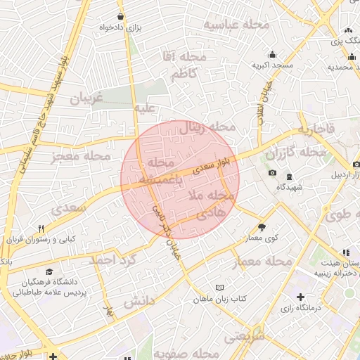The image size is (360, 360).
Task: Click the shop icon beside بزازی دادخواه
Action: [x=122, y=17]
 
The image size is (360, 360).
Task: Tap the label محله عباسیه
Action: [x=236, y=25]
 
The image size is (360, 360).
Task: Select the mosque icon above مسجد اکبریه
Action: [x=272, y=54]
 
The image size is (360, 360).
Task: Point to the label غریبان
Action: [x=86, y=98]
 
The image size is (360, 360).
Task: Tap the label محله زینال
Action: [x=207, y=127]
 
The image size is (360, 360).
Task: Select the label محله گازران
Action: [x=295, y=153]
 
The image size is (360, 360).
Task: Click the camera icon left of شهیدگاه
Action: [x=272, y=173]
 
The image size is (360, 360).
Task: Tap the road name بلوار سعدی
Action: [x=212, y=165]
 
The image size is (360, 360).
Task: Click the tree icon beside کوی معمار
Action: [x=262, y=226]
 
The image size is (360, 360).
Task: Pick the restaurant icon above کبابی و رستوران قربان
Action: [x=41, y=229]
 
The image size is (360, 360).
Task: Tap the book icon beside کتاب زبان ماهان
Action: [x=219, y=288]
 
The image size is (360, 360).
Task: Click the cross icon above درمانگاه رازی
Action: [x=301, y=297]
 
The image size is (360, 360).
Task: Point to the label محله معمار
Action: [x=260, y=262]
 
